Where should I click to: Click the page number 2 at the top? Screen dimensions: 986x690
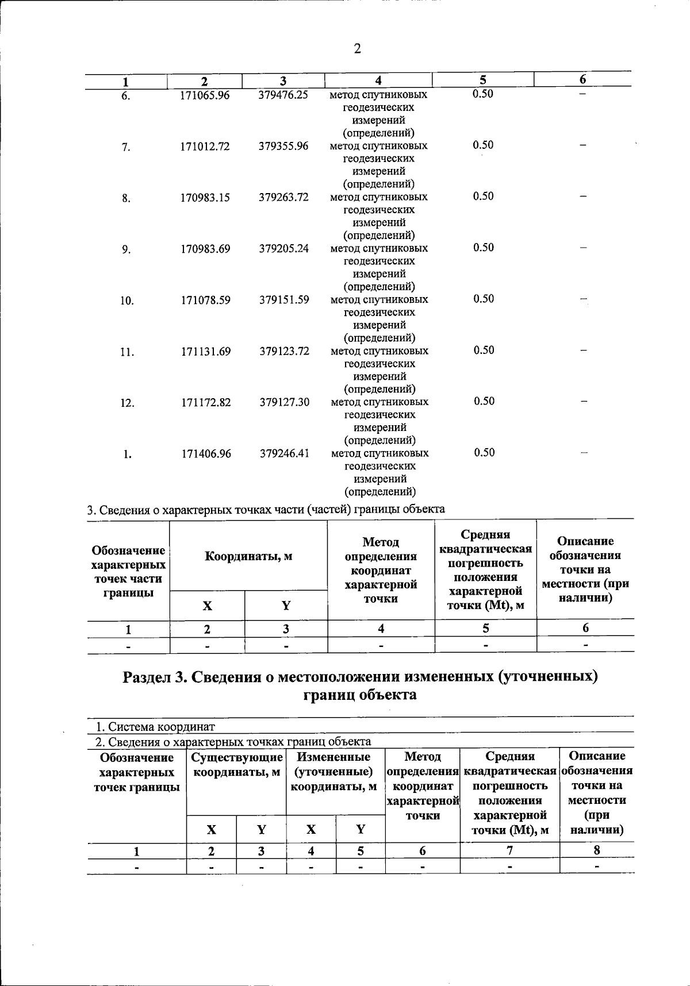[357, 49]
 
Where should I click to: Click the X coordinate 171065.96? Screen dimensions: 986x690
[205, 95]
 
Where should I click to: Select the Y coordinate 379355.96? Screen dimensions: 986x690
[283, 147]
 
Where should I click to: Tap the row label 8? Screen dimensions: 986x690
[126, 198]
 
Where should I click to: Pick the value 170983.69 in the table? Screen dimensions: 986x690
[205, 249]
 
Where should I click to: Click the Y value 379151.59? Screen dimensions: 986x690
[284, 300]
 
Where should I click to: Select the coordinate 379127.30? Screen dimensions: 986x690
[284, 402]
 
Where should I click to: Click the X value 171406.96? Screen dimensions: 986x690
[206, 454]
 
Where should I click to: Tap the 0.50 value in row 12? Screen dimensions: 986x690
[484, 401]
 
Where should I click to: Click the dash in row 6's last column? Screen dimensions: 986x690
[582, 93]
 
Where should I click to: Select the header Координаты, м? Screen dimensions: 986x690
[248, 556]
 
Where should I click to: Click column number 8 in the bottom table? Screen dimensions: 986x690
[597, 850]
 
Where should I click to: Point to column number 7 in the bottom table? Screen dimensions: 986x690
[509, 850]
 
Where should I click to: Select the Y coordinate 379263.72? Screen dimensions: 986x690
[283, 198]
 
